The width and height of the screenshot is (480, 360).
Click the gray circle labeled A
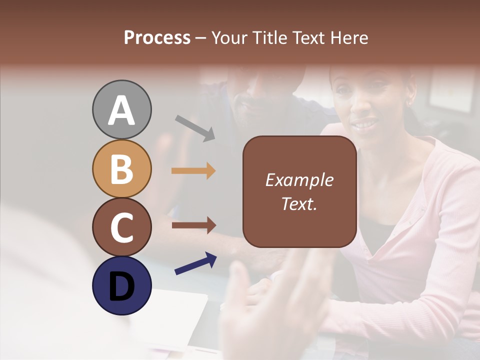(x=121, y=109)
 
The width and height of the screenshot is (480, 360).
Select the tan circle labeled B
(x=121, y=168)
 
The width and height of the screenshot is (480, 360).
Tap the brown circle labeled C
(x=121, y=227)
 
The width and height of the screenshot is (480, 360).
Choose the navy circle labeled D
(x=121, y=285)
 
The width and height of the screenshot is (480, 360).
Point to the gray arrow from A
(x=195, y=127)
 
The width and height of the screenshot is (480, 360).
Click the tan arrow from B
(x=193, y=171)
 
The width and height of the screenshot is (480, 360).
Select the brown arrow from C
(x=193, y=225)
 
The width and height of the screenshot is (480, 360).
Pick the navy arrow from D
(x=195, y=264)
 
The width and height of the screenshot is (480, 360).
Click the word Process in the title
(x=157, y=38)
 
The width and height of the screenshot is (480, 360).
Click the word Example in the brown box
(x=299, y=180)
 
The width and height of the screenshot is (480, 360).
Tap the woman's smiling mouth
(x=365, y=122)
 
